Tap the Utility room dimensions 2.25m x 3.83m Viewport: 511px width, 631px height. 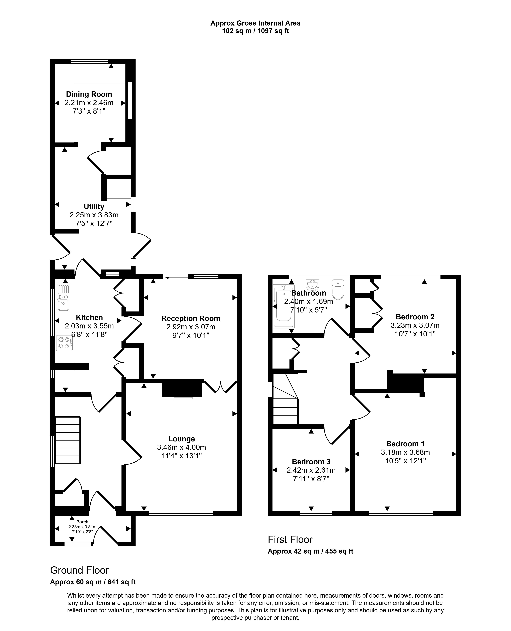(94, 215)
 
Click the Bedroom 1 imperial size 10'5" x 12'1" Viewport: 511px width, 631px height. (406, 461)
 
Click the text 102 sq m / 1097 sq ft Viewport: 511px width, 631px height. (255, 31)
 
